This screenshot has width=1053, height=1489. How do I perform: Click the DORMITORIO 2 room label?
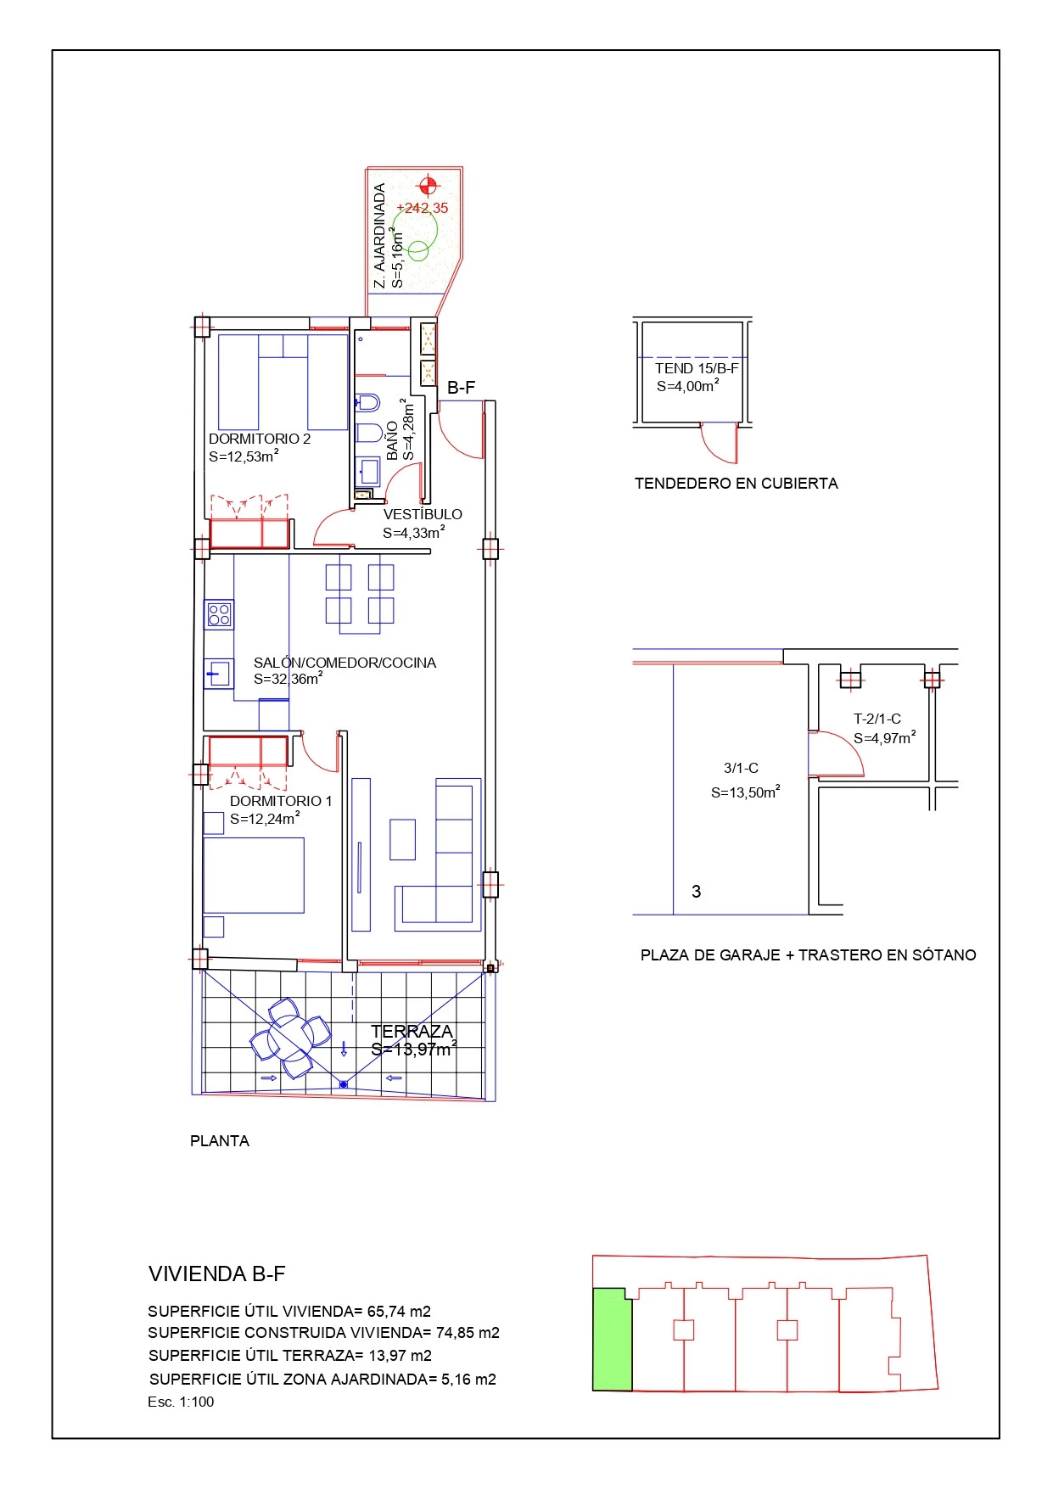pos(260,439)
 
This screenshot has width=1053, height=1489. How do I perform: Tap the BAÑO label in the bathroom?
pos(392,440)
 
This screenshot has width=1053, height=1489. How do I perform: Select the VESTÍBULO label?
pos(423,514)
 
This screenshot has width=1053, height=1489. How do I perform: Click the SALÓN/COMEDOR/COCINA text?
pos(344,663)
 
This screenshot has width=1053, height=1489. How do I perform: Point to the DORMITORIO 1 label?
pos(281,801)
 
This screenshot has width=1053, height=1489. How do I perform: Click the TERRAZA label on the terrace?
pos(412,1032)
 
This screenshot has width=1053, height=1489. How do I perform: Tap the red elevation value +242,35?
pos(423,208)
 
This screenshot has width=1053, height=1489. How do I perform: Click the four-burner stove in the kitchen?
pos(219,614)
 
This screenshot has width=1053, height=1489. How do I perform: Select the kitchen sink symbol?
pos(218,674)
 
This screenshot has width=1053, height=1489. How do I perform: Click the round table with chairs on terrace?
pos(290,1038)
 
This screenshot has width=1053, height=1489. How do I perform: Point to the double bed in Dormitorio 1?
pos(254,876)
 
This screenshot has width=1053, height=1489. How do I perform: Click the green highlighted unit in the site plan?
pos(612,1340)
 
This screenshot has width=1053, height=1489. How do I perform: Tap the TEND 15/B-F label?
pos(697,368)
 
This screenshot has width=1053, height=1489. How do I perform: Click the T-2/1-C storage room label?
pos(877,719)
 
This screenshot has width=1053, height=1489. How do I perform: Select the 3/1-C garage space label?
pos(741,768)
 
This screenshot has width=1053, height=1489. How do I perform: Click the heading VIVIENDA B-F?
pos(217,1273)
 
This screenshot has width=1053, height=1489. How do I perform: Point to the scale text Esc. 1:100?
pos(181,1402)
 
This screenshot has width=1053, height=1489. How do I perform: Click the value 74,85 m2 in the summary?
pos(468,1333)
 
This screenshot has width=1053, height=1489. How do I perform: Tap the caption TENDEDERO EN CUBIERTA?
pos(737,484)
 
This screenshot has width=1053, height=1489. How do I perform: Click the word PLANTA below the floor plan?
pos(220,1141)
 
